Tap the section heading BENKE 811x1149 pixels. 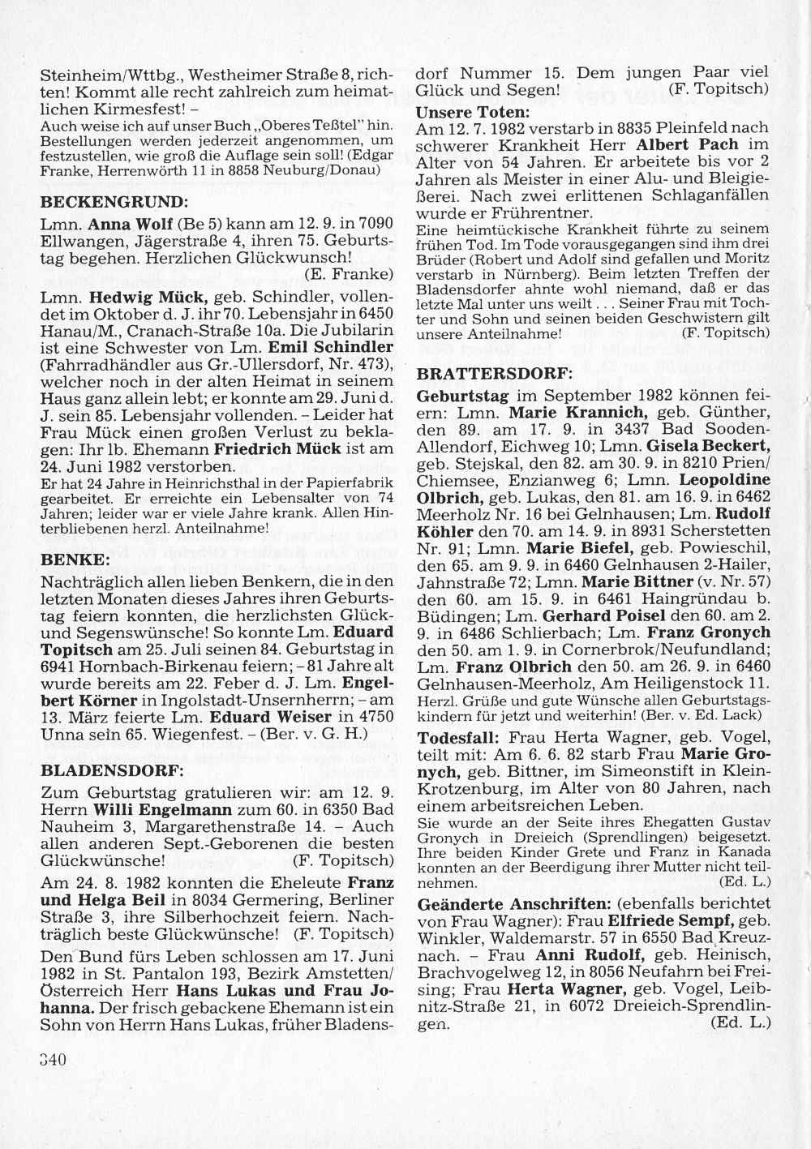pos(74,559)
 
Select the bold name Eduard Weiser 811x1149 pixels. pos(271,717)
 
